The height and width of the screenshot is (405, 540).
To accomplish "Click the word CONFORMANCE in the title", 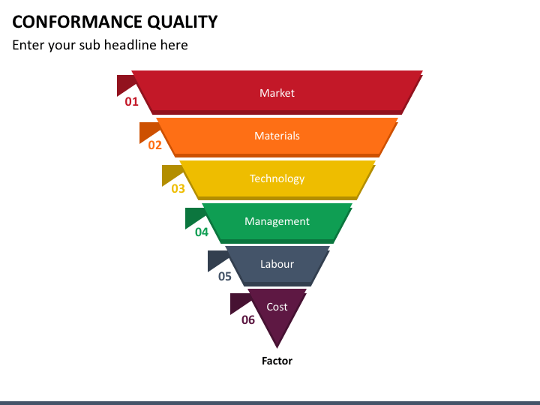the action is (x=77, y=22).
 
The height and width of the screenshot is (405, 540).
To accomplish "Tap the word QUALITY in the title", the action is (x=182, y=22).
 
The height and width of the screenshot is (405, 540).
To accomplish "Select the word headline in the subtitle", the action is (x=130, y=45).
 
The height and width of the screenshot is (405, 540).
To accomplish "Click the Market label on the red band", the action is (x=277, y=93).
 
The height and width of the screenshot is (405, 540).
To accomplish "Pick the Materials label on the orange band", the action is (x=277, y=136).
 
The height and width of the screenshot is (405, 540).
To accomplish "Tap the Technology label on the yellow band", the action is (x=277, y=178).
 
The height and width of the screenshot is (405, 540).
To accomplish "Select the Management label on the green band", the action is (x=277, y=221).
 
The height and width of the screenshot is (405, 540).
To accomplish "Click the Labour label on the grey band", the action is (x=277, y=264).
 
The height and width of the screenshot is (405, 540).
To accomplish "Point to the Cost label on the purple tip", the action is (x=277, y=307).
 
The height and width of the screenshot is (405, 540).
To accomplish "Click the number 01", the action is (x=131, y=101).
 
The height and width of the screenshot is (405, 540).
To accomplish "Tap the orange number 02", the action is (x=155, y=145).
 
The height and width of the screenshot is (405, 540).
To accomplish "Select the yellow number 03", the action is (x=178, y=188).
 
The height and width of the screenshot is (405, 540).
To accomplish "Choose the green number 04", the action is (x=202, y=232).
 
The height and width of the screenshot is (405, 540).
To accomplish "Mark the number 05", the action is (x=224, y=276).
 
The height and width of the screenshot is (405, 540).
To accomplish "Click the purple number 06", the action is (x=248, y=320).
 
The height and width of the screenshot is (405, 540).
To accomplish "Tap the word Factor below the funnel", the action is (x=277, y=361).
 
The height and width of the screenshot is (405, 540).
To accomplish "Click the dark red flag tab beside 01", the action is (x=124, y=83).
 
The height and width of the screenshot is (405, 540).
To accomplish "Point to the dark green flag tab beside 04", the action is (x=193, y=216).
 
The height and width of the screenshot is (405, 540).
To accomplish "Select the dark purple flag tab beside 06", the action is (x=238, y=301).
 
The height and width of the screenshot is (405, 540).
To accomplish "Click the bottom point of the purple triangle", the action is (x=277, y=348).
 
